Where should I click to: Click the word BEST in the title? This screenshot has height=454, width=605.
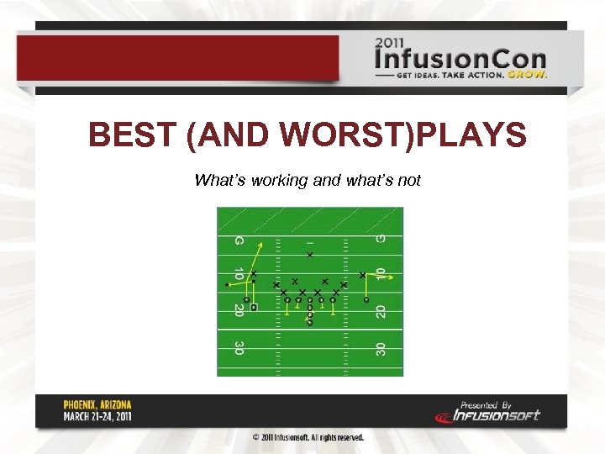click(133, 135)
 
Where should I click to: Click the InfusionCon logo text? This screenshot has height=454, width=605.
click(460, 60)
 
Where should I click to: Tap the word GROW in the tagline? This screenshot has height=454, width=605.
click(528, 74)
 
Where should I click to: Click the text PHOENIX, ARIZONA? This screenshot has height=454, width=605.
click(97, 404)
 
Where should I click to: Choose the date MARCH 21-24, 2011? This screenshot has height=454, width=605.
click(97, 415)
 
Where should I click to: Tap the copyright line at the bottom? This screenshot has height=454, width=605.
click(308, 437)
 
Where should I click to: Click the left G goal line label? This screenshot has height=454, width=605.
click(239, 241)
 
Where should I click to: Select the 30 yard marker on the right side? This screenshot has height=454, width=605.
click(381, 347)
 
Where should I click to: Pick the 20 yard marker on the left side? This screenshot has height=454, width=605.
click(239, 310)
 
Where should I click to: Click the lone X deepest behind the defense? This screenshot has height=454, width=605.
click(309, 254)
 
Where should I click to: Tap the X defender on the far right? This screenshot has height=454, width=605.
click(362, 275)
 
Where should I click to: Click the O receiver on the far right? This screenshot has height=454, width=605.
click(366, 298)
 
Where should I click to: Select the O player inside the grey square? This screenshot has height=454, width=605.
click(254, 308)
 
